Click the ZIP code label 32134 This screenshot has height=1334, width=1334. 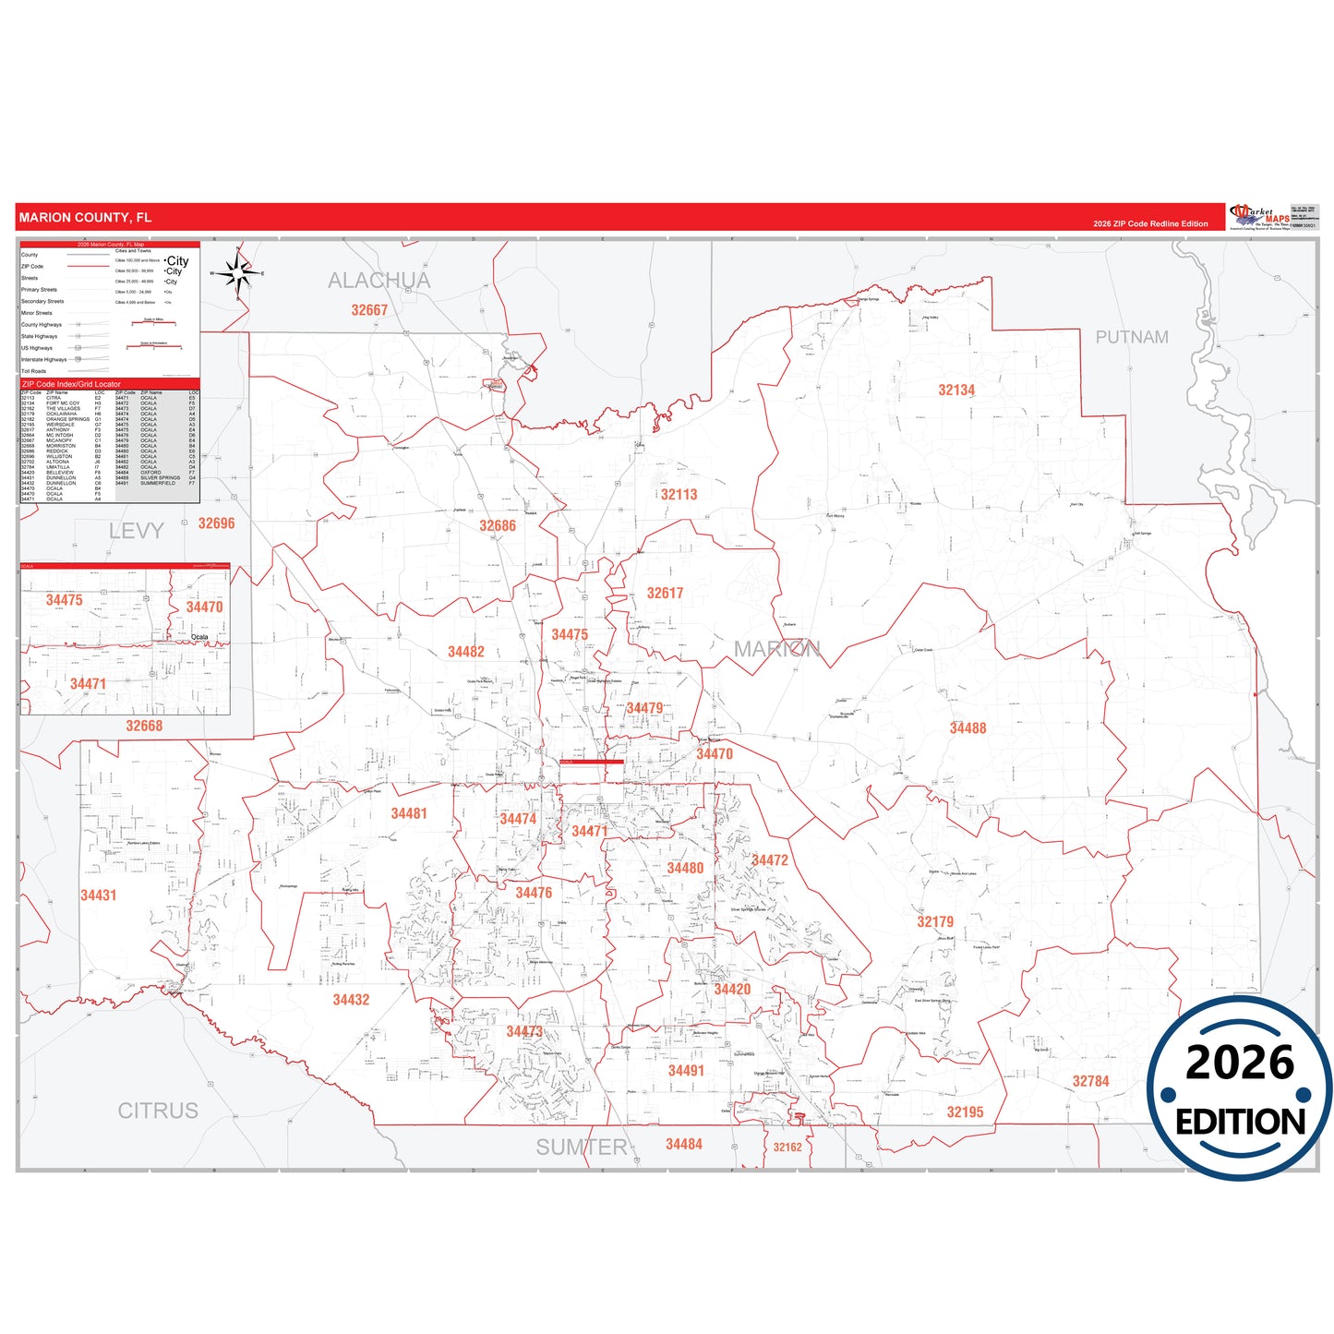956,391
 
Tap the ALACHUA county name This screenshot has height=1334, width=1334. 379,281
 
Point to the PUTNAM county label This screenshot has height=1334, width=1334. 1132,338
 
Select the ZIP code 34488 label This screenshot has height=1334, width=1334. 967,728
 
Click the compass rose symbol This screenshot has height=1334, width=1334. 238,272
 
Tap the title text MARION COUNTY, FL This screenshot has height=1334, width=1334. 85,218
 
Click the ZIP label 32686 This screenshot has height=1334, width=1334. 497,526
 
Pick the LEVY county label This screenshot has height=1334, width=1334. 136,531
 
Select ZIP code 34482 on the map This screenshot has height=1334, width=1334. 465,652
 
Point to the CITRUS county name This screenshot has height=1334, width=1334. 158,1111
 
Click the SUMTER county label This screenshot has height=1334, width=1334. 582,1148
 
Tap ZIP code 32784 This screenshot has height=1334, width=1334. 1090,1082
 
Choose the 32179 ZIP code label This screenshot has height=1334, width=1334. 935,922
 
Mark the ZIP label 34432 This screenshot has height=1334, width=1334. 351,1000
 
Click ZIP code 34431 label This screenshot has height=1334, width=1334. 98,895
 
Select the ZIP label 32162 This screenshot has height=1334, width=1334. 787,1148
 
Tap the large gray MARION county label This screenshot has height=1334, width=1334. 776,649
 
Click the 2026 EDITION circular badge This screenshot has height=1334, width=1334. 1240,1088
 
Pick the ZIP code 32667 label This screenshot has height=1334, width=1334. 369,310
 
